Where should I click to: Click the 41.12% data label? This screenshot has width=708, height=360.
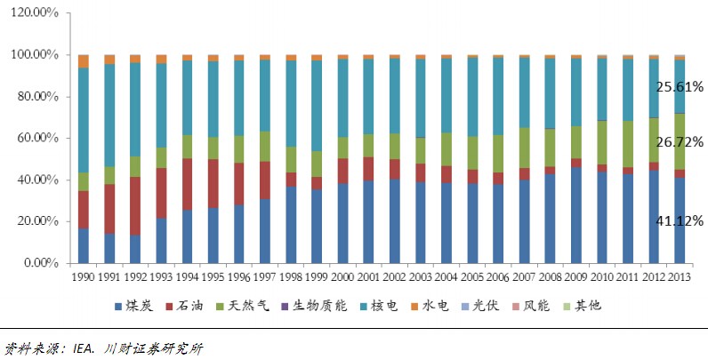point(680,220)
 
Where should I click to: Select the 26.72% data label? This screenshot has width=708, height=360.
point(680,142)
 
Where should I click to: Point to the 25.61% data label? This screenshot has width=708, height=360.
point(680,87)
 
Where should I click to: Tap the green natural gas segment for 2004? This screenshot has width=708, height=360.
point(447,149)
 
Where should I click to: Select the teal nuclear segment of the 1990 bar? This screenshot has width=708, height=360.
point(84,120)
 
